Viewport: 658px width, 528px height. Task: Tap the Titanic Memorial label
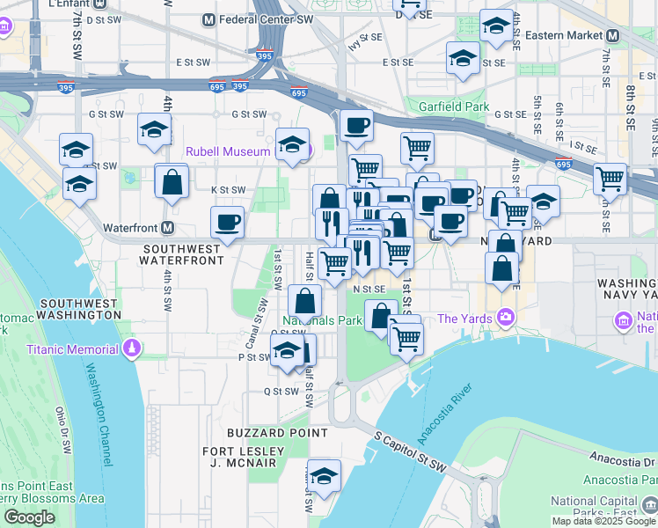pyautogui.click(x=72, y=349)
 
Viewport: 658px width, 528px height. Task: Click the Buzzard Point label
pyautogui.click(x=277, y=433)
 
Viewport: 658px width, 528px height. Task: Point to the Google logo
pyautogui.click(x=29, y=517)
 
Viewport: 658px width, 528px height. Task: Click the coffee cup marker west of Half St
pyautogui.click(x=227, y=221)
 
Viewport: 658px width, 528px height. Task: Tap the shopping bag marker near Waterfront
pyautogui.click(x=172, y=181)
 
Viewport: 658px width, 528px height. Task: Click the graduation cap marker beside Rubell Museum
pyautogui.click(x=292, y=144)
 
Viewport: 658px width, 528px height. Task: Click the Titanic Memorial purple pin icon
pyautogui.click(x=132, y=349)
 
